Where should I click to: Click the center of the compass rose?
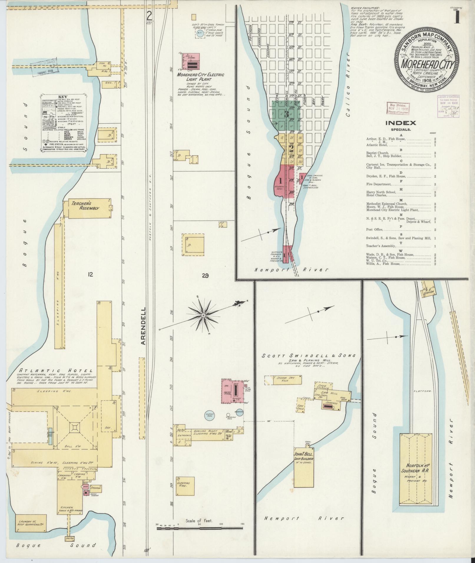203,315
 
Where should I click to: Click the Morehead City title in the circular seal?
426,64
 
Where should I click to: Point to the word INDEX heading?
401,123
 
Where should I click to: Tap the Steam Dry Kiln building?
283,380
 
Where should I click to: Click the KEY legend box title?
63,97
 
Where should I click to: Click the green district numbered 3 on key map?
286,114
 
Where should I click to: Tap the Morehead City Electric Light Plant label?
200,77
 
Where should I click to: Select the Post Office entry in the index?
375,230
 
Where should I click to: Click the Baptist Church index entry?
378,153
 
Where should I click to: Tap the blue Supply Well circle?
209,415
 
